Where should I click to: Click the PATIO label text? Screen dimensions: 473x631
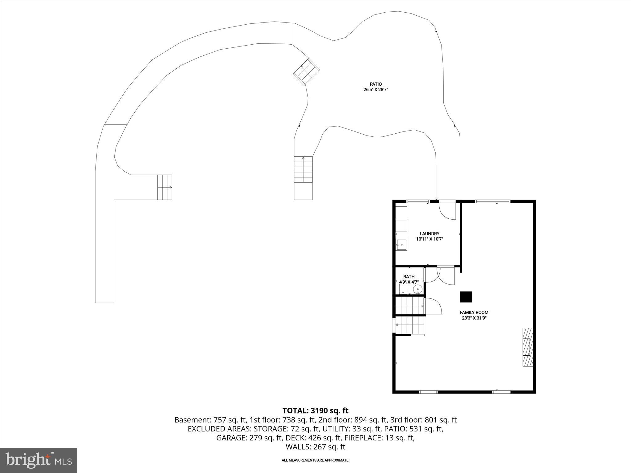(376, 84)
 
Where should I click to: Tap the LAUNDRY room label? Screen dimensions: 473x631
(429, 234)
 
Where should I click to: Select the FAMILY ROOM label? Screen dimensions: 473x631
(474, 313)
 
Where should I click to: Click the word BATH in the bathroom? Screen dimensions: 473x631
(409, 277)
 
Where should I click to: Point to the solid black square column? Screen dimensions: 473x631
(466, 297)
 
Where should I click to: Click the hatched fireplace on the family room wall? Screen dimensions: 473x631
(527, 347)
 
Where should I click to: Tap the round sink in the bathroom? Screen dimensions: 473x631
(417, 289)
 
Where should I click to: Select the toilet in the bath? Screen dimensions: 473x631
(403, 289)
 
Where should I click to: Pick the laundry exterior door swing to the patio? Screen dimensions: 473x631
(447, 211)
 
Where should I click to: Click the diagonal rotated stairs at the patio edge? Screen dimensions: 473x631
(306, 71)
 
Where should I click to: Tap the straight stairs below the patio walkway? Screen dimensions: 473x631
(303, 170)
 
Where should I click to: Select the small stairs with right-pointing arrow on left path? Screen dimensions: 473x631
(165, 187)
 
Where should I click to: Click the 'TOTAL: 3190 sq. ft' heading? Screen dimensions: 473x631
(315, 410)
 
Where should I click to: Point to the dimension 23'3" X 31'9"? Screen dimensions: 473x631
(474, 318)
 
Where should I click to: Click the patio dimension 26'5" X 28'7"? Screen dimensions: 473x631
(376, 90)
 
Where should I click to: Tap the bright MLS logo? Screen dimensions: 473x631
(39, 460)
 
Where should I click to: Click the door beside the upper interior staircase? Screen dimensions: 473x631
(433, 306)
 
